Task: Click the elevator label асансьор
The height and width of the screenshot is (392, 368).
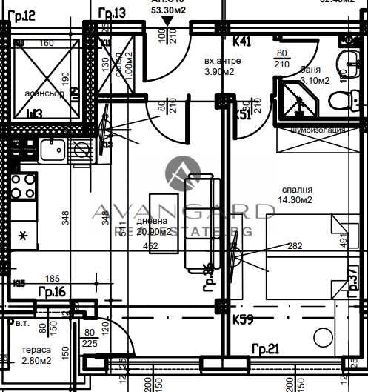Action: click(x=45, y=94)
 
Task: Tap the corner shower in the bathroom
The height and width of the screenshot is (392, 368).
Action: click(x=296, y=101)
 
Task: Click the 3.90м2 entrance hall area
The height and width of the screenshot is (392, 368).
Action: click(x=219, y=72)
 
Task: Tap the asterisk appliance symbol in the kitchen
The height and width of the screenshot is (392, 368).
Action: click(x=23, y=236)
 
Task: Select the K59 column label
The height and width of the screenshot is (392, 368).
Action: click(x=244, y=321)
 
